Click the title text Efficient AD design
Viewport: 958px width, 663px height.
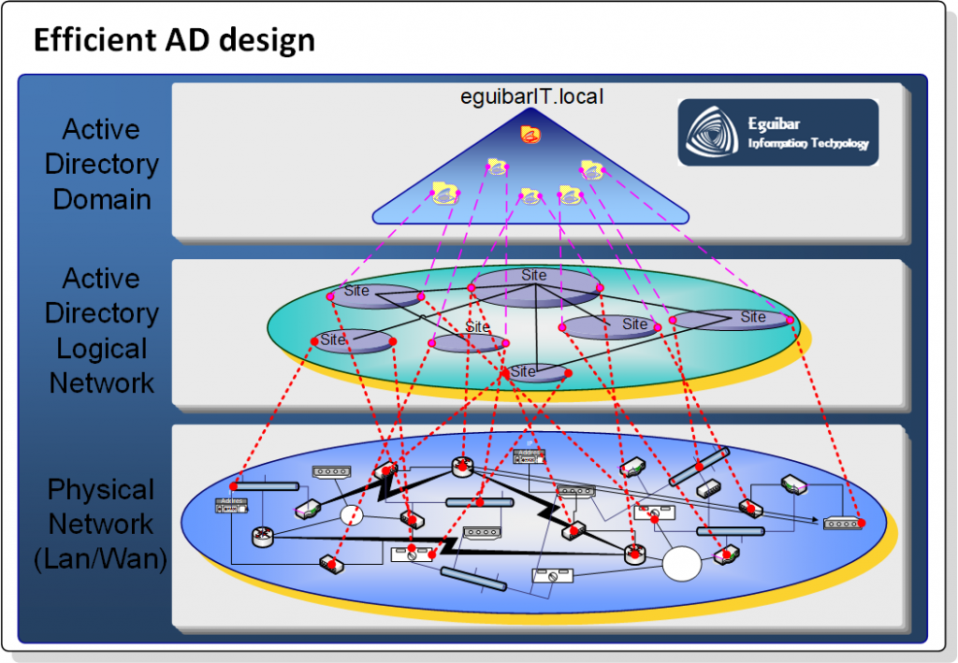coord(174,41)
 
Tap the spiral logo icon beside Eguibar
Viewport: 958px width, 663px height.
coord(713,133)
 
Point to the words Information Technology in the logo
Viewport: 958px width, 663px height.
coord(807,144)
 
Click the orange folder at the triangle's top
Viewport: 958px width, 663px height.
coord(530,135)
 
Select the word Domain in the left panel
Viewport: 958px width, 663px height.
coord(101,199)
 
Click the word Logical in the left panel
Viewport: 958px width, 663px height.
coord(101,348)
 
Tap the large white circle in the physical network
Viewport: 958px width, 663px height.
coord(681,564)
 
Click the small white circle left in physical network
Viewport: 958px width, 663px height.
coord(351,515)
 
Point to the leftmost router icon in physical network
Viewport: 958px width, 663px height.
coord(260,537)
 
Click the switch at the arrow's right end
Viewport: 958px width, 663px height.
coord(842,524)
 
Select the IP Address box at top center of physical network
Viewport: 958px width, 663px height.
coord(530,456)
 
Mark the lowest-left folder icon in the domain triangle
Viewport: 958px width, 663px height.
coord(445,194)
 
